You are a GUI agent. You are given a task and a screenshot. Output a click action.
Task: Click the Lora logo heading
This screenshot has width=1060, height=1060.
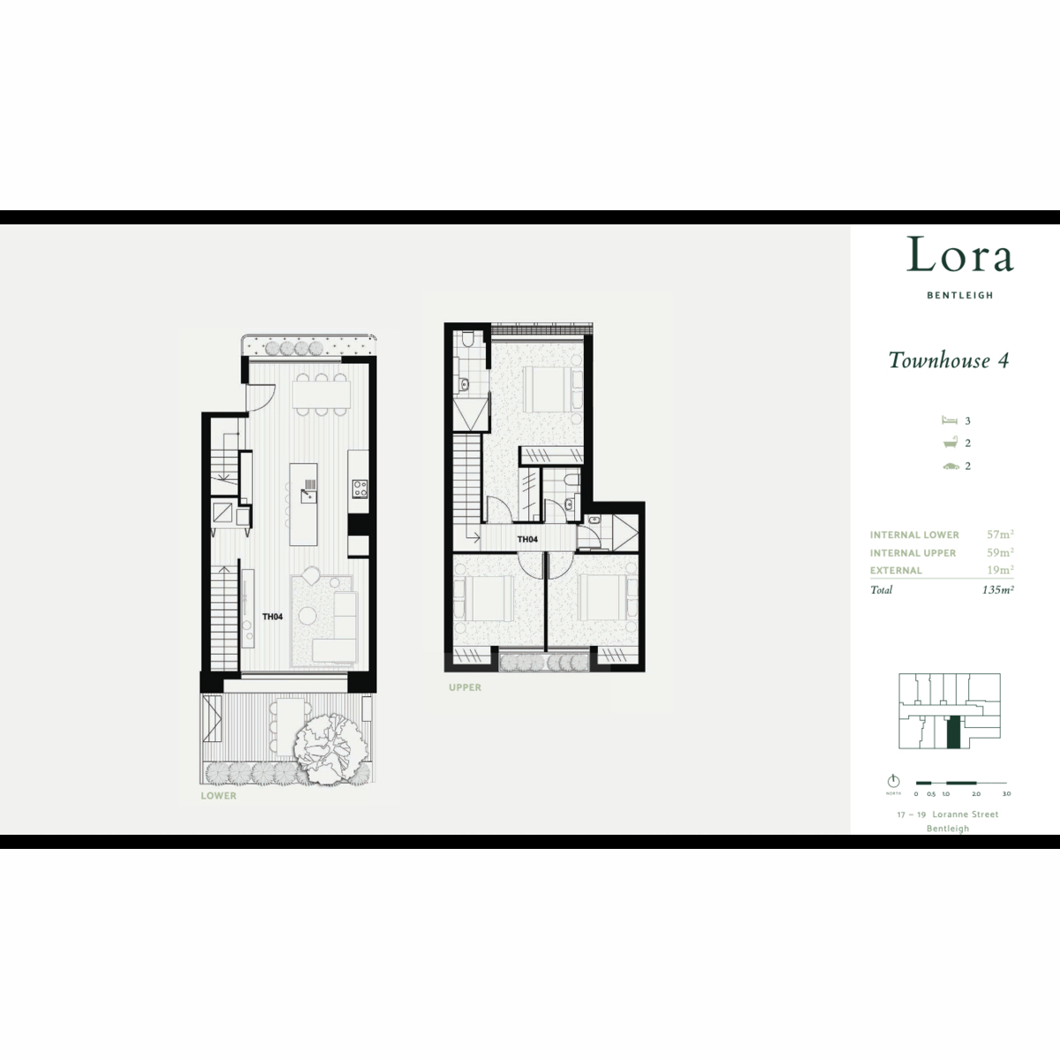960,254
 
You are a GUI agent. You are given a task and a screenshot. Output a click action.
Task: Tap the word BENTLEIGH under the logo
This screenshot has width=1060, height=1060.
960,295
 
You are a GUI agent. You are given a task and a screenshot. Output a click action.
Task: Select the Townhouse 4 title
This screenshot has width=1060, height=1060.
949,360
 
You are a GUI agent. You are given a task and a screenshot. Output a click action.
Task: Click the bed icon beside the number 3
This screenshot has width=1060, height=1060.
950,420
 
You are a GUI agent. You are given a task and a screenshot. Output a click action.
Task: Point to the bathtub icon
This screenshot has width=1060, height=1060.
950,443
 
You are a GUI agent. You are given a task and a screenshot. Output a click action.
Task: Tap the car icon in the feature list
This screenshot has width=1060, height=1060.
950,466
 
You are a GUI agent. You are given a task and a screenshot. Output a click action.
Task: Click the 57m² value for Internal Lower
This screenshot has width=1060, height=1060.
1000,534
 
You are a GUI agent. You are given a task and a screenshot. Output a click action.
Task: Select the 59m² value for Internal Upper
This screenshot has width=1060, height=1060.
1000,552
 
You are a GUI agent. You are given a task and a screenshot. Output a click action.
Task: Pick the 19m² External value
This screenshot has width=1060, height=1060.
1000,570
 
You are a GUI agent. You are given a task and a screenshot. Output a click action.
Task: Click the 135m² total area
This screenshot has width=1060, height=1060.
998,590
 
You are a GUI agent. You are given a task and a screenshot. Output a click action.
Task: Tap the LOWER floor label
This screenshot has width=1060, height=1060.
218,795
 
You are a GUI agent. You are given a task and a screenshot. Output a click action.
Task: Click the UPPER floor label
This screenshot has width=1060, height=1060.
465,687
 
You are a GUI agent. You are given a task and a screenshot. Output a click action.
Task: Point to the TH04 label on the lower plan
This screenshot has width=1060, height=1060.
272,617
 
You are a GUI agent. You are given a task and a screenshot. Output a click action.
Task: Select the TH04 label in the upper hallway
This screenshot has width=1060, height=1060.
527,540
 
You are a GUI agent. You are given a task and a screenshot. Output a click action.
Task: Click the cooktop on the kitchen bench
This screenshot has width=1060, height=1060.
360,488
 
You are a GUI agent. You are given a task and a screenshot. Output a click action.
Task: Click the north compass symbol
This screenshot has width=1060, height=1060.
893,781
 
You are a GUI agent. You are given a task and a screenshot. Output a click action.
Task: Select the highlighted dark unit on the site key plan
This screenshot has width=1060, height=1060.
954,732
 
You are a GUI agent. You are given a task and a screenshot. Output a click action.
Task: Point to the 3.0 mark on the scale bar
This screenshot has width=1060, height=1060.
1006,794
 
